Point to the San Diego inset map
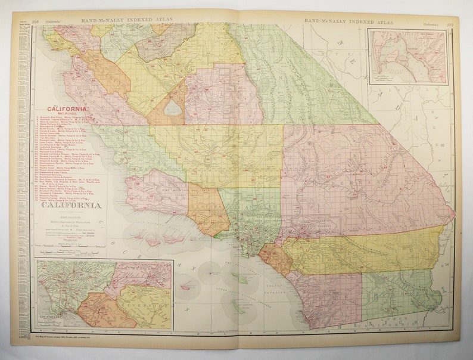tap(407, 58)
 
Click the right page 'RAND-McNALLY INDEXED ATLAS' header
tap(340, 21)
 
